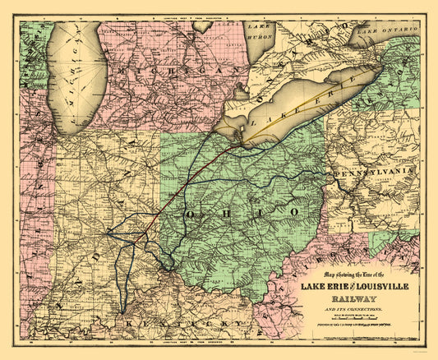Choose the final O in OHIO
pos(293,211)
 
